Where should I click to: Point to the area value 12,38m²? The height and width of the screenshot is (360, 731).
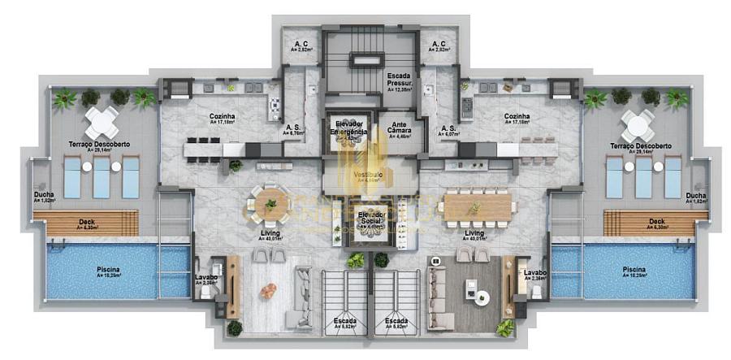coord(400,89)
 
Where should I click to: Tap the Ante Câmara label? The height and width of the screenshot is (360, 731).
coord(400,128)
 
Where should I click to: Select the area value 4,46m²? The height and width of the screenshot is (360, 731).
coord(400,137)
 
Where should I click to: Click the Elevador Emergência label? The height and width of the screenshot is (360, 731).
coord(351,128)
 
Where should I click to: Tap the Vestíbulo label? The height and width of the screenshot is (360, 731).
coord(370,175)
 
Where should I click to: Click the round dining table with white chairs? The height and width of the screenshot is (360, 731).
coord(269,204)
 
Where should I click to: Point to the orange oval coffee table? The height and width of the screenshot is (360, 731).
coord(268,290)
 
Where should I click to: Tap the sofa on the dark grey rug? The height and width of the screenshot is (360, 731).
coord(439,293)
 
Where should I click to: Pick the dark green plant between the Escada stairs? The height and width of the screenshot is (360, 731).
coord(381,260)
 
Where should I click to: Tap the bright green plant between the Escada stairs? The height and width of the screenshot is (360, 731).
coord(356,260)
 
